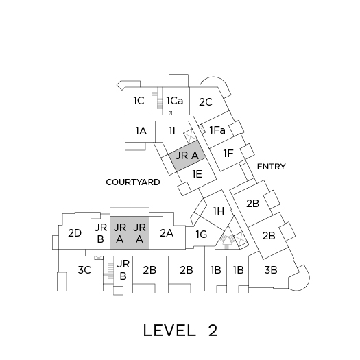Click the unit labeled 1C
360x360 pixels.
(139, 101)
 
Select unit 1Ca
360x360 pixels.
(175, 101)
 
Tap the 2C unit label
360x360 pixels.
(206, 102)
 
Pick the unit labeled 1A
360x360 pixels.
(141, 131)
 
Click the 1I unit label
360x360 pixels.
(172, 131)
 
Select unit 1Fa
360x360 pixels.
(217, 130)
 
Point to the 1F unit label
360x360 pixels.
(228, 154)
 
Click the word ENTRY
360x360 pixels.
(271, 167)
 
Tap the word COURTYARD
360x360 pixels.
(133, 182)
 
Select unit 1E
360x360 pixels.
(197, 174)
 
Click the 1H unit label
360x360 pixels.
(219, 211)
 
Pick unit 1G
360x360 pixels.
(202, 235)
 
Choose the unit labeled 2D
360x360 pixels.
(75, 233)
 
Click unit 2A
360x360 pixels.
(167, 233)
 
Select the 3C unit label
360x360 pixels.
(84, 269)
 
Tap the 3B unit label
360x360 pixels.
(271, 269)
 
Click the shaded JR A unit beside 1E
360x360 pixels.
(187, 156)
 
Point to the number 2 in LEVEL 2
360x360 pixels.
(213, 331)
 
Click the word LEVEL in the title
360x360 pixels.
(169, 331)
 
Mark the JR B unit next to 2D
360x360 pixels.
(101, 233)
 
